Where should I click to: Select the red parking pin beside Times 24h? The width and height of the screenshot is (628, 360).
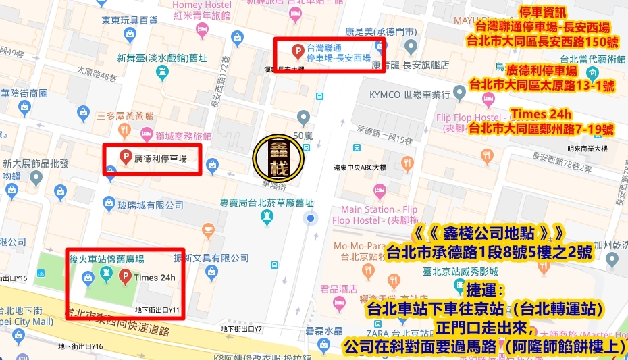[x=124, y=276]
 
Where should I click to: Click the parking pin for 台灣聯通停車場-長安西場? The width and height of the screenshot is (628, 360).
[x=296, y=51]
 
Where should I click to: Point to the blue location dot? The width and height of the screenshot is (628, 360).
[x=311, y=217]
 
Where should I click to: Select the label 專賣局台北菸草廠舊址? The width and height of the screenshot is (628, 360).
[x=267, y=202]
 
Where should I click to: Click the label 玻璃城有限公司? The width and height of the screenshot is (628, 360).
[x=151, y=205]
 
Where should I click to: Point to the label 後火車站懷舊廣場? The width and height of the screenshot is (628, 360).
[x=106, y=259]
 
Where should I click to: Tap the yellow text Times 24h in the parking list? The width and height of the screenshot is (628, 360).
[x=542, y=113]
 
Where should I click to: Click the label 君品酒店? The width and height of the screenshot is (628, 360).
[x=340, y=288]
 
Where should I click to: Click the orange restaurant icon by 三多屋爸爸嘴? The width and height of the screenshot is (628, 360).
[x=124, y=128]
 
